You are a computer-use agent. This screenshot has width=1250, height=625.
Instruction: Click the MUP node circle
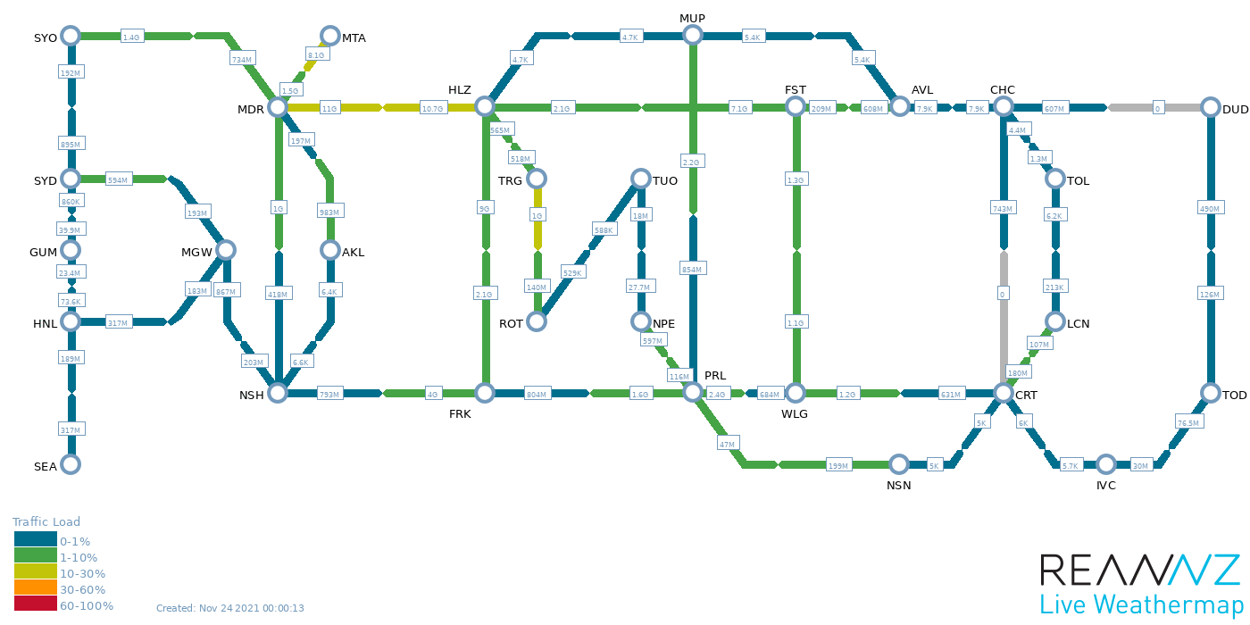click(693, 35)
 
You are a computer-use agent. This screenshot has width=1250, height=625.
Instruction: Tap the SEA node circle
click(71, 464)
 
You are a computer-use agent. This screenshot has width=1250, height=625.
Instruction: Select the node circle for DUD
click(1210, 107)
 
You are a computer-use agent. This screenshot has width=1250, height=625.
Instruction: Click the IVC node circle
click(1106, 464)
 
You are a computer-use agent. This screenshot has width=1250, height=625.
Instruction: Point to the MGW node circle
click(225, 250)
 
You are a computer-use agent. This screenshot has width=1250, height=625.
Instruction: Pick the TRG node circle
click(537, 179)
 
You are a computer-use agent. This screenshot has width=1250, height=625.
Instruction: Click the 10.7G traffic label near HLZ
click(432, 109)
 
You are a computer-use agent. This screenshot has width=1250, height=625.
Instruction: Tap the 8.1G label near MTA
click(316, 55)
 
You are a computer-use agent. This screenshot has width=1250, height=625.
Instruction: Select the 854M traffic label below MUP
click(693, 270)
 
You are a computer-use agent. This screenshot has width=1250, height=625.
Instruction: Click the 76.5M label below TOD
click(1187, 422)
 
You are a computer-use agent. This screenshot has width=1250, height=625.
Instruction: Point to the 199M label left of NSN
click(838, 466)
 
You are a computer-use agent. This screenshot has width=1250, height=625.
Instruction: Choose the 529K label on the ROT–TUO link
click(572, 272)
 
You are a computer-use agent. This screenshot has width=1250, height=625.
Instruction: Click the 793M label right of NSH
click(329, 395)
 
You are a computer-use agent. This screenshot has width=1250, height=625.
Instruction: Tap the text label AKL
click(354, 253)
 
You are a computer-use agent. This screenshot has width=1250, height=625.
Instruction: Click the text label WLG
click(794, 414)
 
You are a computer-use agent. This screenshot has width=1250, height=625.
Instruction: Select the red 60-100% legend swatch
click(35, 604)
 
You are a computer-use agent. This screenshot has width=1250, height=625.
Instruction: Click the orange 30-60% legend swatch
click(35, 588)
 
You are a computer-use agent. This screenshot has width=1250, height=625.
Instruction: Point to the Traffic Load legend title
click(46, 522)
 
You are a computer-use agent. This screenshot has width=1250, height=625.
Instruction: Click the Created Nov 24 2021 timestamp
click(230, 609)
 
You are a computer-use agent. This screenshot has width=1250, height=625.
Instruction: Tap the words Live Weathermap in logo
click(1141, 603)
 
